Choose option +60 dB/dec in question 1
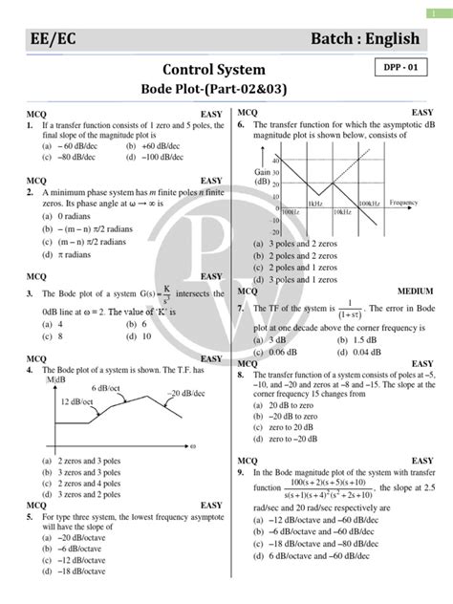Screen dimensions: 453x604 [x=158, y=147]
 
